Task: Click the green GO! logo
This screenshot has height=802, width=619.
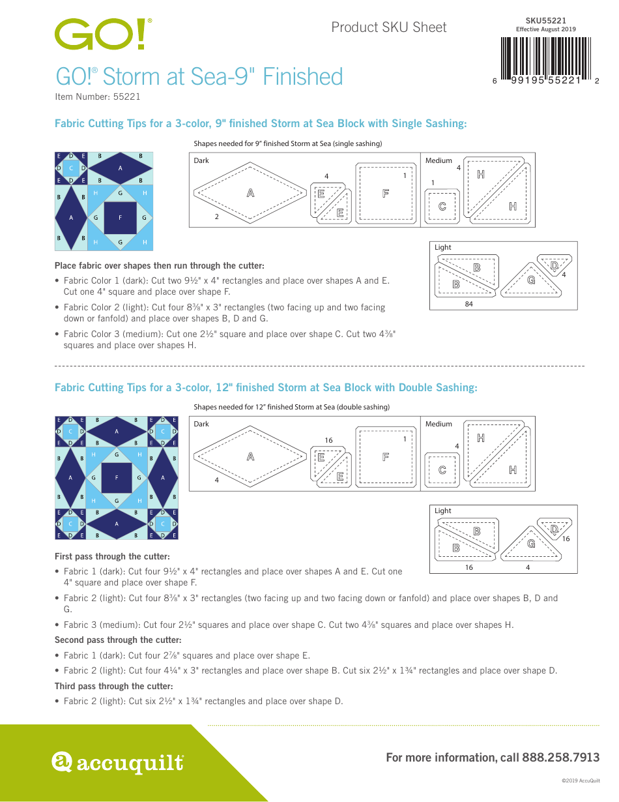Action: [x=103, y=35]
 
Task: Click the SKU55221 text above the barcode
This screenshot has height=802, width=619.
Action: [x=545, y=21]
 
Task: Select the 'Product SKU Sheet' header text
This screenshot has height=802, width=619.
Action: [x=389, y=27]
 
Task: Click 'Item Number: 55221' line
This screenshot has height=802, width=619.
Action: [x=97, y=97]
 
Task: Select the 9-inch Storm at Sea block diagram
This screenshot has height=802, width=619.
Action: [x=104, y=201]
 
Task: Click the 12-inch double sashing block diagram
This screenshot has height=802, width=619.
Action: [x=117, y=477]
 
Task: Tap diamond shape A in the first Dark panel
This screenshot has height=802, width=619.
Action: [x=250, y=193]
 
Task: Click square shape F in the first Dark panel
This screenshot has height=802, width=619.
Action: [x=386, y=193]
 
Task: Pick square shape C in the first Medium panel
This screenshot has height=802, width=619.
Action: [x=442, y=207]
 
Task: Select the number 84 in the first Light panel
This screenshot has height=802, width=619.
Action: [x=468, y=304]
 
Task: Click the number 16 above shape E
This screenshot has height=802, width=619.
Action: [x=328, y=440]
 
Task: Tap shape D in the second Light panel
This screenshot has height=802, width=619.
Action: [x=554, y=528]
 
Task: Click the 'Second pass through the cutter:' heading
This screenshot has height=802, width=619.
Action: [x=117, y=640]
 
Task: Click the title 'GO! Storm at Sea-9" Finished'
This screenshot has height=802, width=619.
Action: [x=199, y=77]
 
